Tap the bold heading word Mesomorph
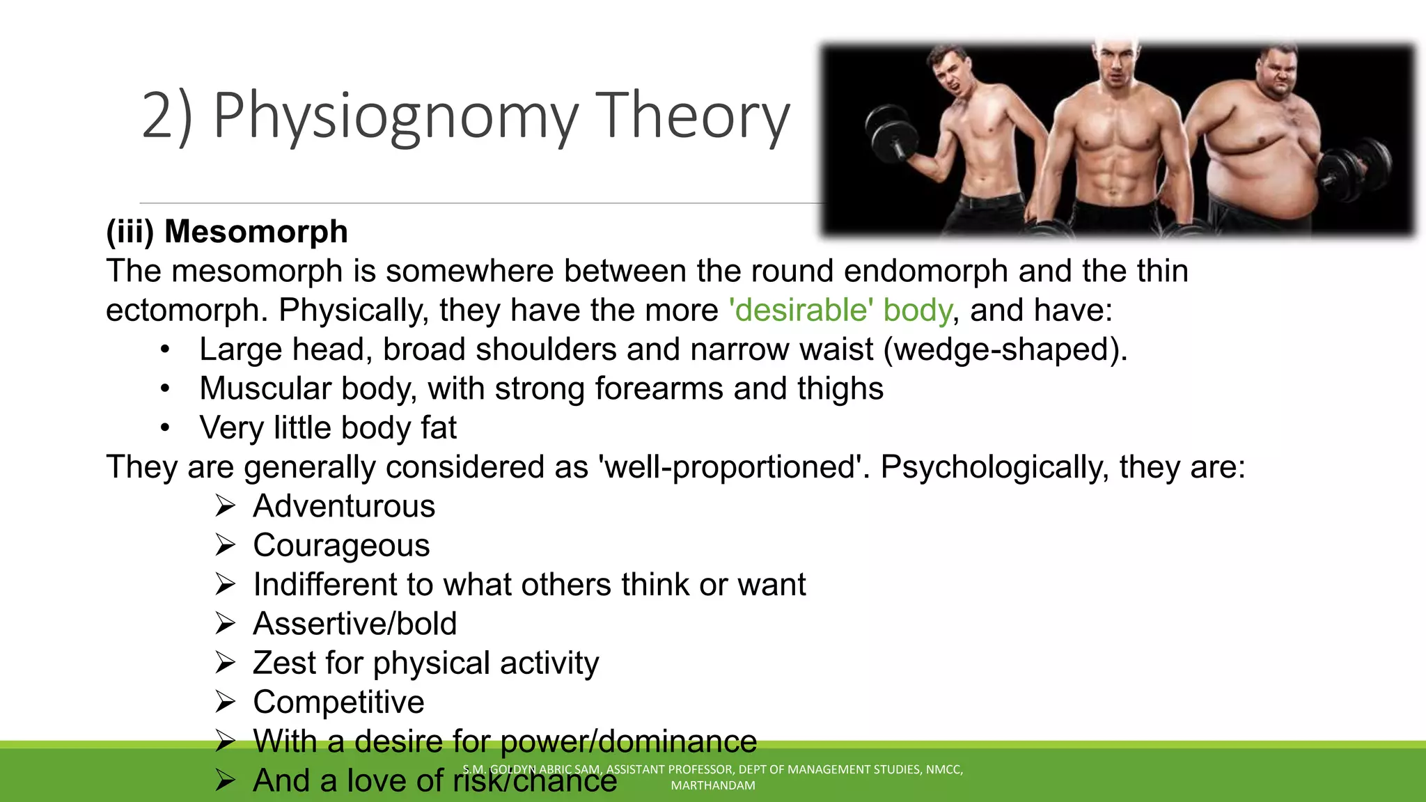tap(256, 232)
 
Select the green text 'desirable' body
tap(840, 310)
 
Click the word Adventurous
tap(344, 506)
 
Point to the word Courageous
tap(341, 545)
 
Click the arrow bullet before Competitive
tap(225, 702)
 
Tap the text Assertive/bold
tap(354, 624)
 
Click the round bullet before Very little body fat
tap(164, 427)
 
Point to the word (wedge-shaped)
tap(1005, 349)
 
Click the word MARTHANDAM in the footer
tap(712, 785)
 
